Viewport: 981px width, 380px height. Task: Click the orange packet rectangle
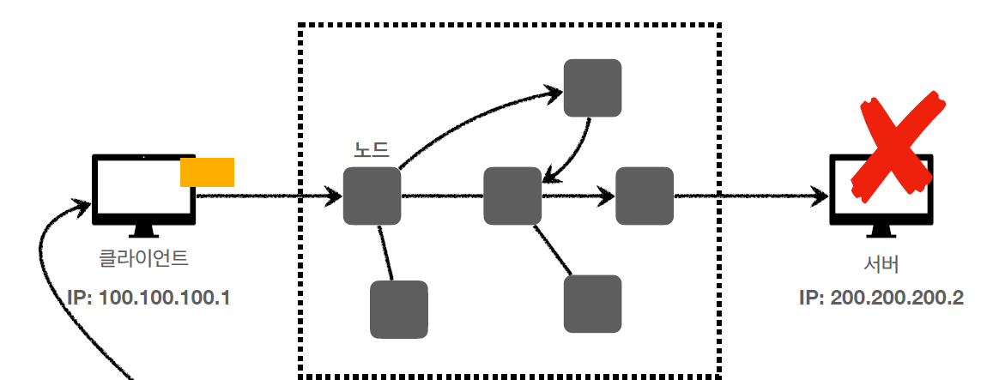(207, 172)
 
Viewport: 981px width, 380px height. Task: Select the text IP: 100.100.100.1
(148, 298)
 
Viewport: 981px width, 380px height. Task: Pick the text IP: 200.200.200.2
(881, 298)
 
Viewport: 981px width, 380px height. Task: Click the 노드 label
(371, 148)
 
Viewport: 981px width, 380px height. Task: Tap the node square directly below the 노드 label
(372, 196)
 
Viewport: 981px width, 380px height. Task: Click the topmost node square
(592, 87)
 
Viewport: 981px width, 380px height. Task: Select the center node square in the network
(512, 196)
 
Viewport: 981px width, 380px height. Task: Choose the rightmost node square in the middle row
(644, 196)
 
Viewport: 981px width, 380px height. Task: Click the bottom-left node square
(398, 309)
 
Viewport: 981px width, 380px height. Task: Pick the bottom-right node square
(592, 304)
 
